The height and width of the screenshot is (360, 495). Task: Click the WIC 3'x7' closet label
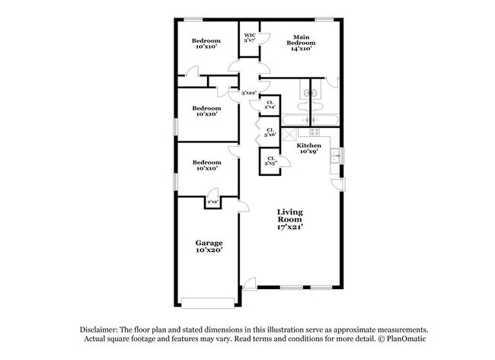click(249, 38)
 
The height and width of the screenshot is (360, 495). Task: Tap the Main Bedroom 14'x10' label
click(301, 43)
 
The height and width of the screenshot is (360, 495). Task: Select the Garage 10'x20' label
click(208, 247)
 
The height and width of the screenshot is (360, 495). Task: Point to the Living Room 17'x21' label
click(289, 219)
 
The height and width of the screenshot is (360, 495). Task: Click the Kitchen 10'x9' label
click(308, 148)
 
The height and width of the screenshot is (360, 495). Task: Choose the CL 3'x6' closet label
click(270, 132)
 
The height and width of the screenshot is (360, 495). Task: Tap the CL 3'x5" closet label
click(270, 161)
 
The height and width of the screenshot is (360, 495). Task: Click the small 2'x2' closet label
click(213, 202)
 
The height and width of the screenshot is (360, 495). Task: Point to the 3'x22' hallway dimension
click(247, 93)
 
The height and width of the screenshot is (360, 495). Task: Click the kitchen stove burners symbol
click(310, 120)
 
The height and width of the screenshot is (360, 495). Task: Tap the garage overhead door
click(208, 301)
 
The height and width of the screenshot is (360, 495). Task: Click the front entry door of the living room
click(249, 285)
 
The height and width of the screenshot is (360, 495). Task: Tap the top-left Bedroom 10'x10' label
click(206, 43)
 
